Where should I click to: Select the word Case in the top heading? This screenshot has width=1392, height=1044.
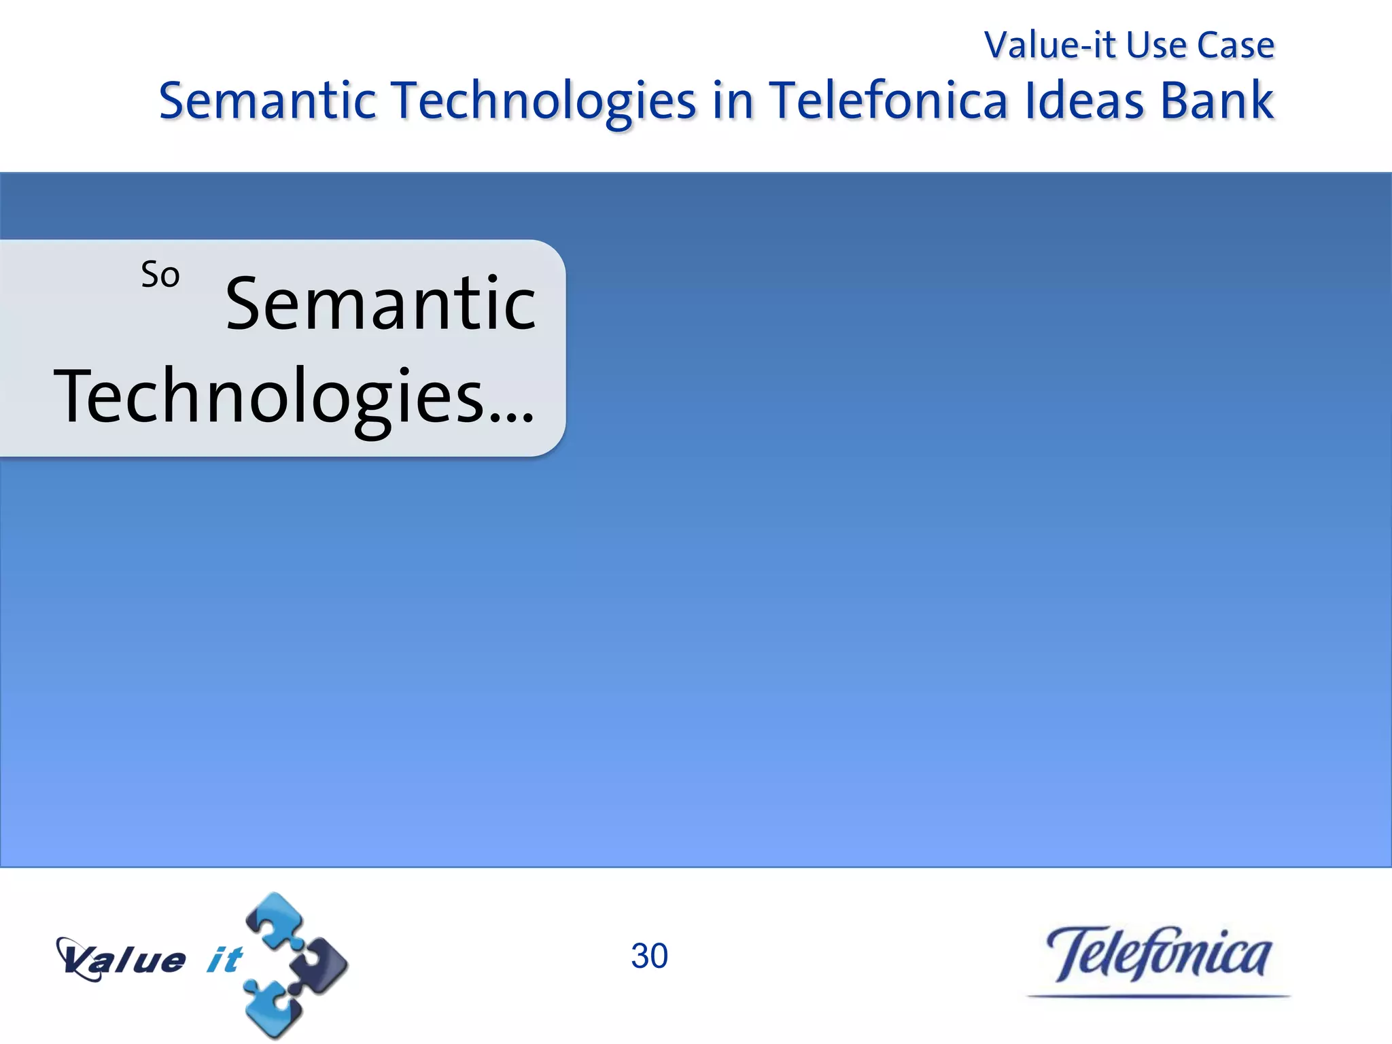(x=1235, y=46)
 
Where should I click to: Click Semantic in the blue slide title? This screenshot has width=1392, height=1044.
(x=267, y=101)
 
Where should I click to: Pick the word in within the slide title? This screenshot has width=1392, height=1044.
(x=733, y=101)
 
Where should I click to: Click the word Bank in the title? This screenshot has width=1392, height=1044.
(x=1216, y=101)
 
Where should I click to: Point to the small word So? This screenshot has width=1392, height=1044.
(x=160, y=275)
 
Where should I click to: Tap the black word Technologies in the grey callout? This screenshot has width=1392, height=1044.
(x=269, y=397)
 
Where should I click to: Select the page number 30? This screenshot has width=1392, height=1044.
(x=649, y=956)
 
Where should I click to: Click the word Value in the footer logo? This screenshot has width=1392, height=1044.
(x=122, y=960)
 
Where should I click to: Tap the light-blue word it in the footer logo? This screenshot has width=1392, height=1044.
(x=224, y=960)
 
